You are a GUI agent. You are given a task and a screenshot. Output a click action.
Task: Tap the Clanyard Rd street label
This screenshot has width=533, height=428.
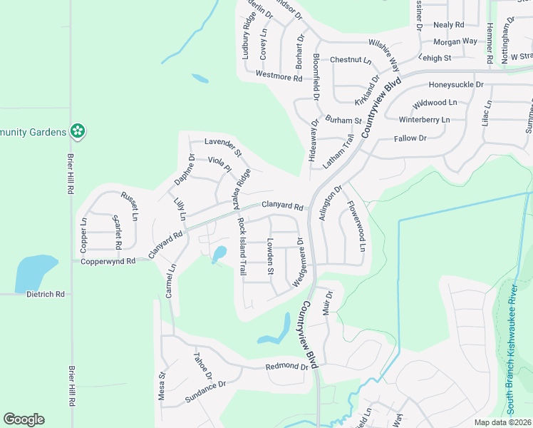point(282,207)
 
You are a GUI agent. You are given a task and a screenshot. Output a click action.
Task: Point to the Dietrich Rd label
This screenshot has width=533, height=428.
point(46,294)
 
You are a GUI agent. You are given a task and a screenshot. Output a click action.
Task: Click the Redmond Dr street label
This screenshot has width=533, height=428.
point(286,367)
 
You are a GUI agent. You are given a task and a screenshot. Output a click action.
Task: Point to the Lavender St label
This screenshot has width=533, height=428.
point(223,147)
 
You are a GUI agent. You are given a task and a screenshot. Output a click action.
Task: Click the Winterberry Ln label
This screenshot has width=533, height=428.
point(425,119)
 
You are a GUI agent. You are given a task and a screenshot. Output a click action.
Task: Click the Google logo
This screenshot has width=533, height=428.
point(24,419)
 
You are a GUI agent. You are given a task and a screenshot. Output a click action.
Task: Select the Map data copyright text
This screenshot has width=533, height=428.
point(503,422)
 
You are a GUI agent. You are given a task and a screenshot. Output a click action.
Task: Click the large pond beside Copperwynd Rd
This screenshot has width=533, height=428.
point(34,272)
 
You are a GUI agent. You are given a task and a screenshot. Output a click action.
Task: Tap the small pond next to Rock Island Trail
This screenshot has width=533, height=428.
point(219,254)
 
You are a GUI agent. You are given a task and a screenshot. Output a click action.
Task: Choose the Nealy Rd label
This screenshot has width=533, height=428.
point(448,24)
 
